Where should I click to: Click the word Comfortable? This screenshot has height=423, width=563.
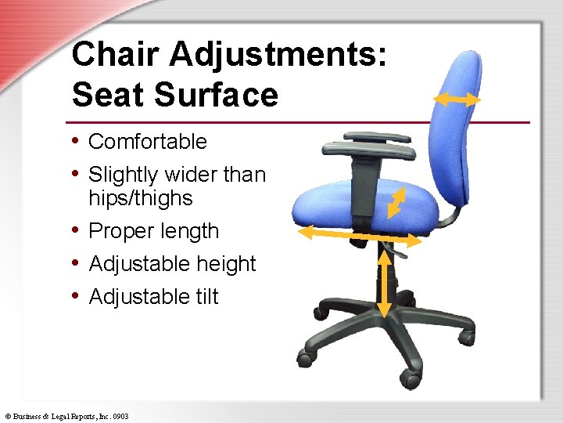(148, 142)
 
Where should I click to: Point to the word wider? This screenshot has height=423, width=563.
(189, 175)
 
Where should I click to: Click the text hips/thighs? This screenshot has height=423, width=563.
(140, 198)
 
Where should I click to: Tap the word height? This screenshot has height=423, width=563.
(225, 265)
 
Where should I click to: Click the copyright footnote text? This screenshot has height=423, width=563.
(66, 416)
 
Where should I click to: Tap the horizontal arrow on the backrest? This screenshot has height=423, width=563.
(457, 99)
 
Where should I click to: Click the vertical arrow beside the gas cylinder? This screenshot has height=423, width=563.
(384, 280)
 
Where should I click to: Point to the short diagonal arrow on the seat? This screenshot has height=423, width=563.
(399, 201)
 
